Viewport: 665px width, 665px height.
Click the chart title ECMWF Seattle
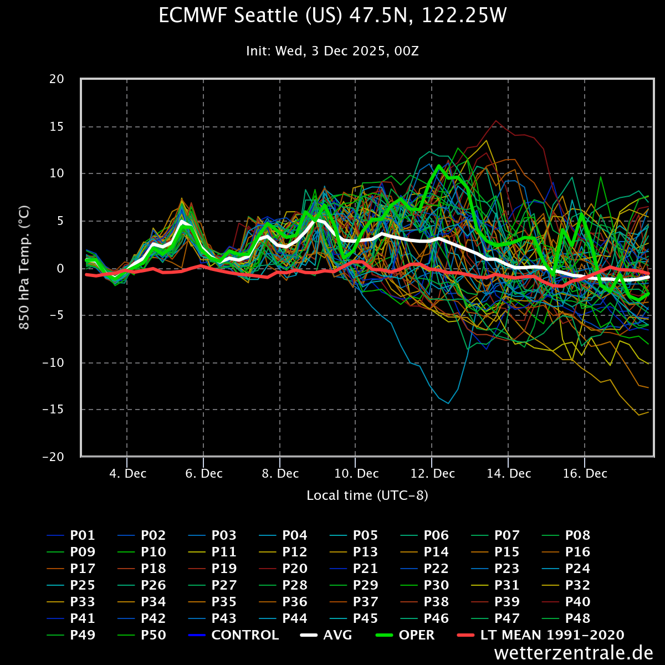pos(332,16)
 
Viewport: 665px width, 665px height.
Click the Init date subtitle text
pos(332,51)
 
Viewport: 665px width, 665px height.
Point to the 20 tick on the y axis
pos(57,79)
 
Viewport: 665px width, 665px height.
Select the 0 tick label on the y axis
pos(61,268)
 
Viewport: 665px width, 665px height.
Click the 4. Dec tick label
pos(127,474)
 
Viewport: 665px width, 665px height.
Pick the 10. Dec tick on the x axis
pos(356,474)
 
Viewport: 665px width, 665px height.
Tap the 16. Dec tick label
pos(585,474)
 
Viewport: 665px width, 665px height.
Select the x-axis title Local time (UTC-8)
pos(367,495)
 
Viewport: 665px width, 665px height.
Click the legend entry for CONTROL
pos(245,635)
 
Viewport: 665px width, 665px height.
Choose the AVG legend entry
pos(337,635)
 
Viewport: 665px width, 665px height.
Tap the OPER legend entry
pos(416,635)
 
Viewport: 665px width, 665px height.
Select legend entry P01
pos(82,535)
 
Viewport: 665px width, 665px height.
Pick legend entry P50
pos(153,635)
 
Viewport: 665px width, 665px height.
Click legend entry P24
pos(577,569)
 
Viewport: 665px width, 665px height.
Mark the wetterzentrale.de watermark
pos(574,653)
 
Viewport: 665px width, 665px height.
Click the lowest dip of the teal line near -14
pos(448,403)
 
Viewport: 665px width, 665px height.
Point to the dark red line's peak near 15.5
pos(495,121)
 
